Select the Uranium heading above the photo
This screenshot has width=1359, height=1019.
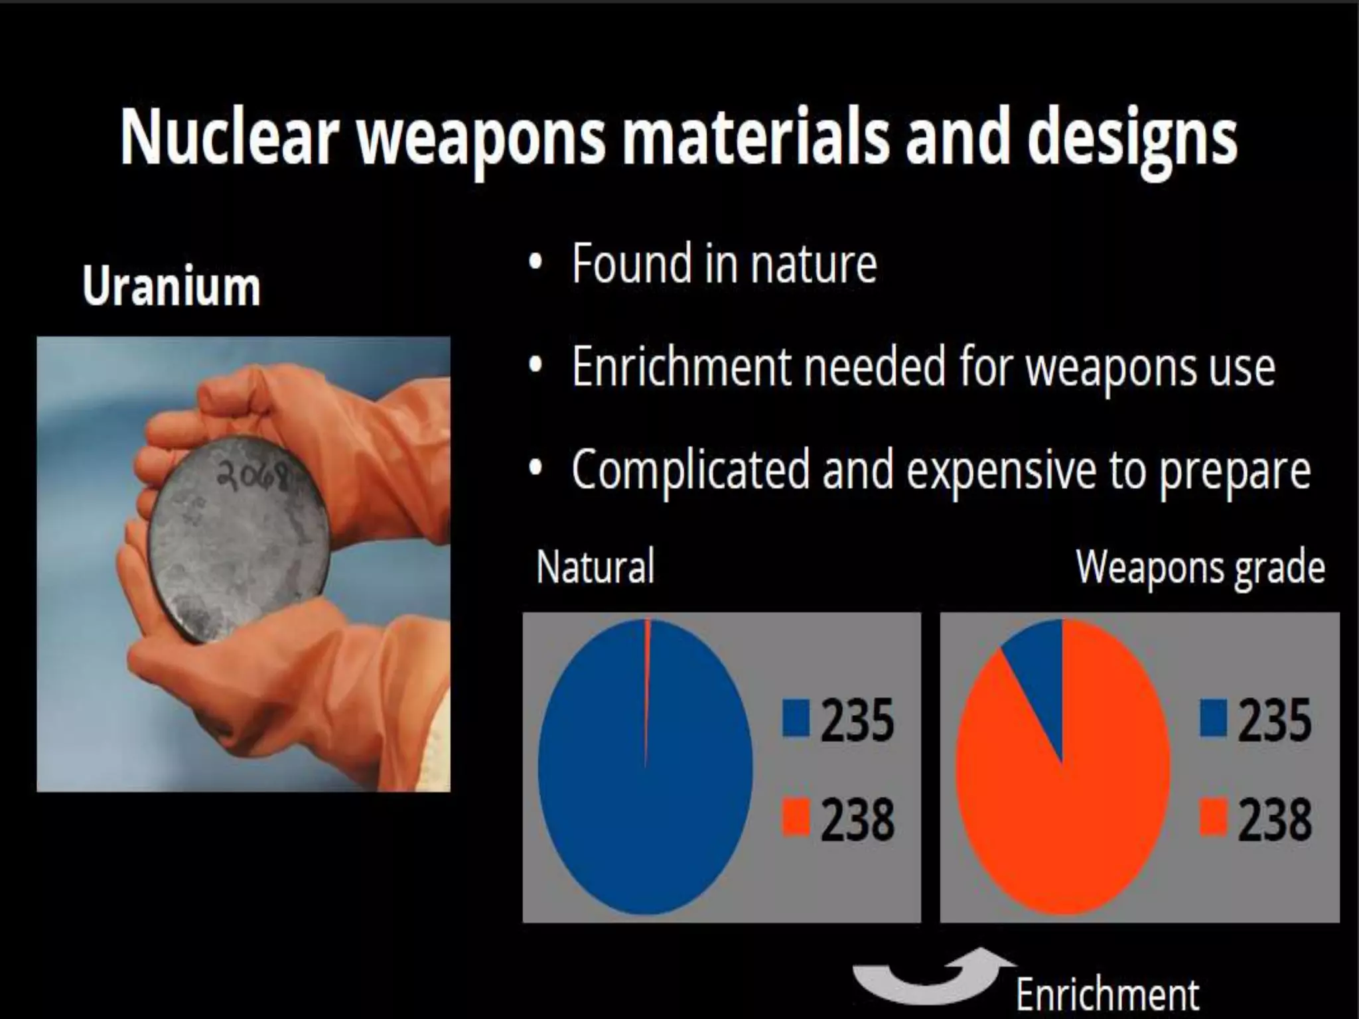coord(171,287)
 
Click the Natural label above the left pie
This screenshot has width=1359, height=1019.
coord(595,567)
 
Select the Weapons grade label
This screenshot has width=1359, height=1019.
coord(1200,567)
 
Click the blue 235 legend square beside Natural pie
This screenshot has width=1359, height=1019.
coord(796,719)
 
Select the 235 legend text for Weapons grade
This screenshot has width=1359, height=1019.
coord(1274,720)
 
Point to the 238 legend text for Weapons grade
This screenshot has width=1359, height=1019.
coord(1274,820)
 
